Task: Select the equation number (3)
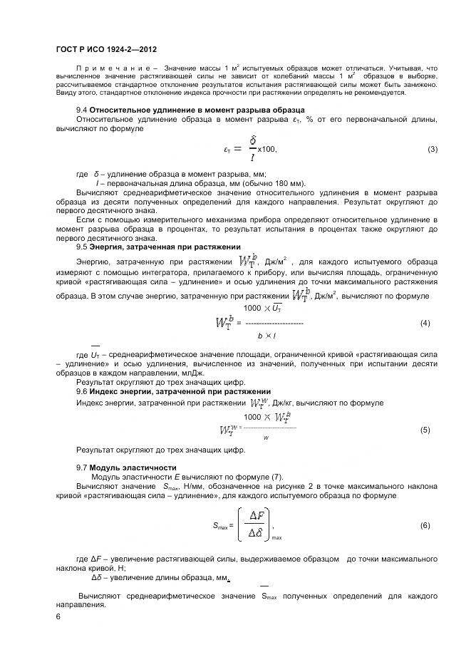[432, 149]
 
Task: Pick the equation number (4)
[425, 303]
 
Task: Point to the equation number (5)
[425, 430]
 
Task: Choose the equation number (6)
[425, 524]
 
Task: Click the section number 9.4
[81, 109]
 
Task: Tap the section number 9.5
[81, 247]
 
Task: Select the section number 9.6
[81, 391]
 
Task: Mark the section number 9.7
[81, 467]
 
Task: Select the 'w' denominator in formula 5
[266, 438]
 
